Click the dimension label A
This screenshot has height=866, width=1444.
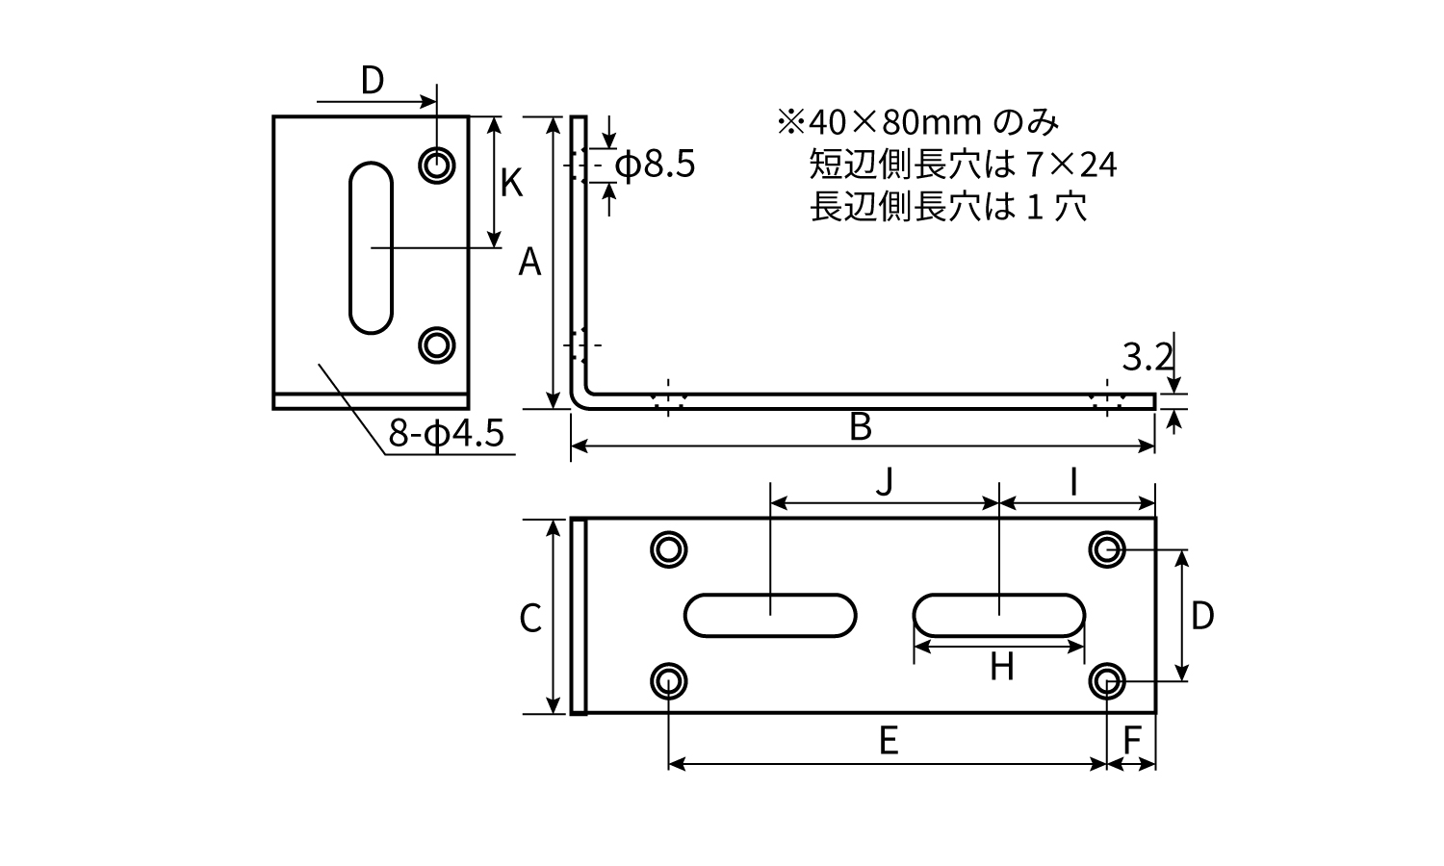pos(530,262)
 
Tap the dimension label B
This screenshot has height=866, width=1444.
pos(861,427)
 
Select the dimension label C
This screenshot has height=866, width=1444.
pos(530,619)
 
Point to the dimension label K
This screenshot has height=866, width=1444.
pos(511,183)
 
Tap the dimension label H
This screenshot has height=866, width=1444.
pos(1002,666)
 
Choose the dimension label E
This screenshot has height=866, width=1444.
pos(889,741)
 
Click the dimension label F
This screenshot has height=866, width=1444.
pos(1133,741)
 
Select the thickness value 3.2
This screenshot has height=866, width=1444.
pos(1147,359)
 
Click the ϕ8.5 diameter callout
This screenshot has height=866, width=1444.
pos(655,166)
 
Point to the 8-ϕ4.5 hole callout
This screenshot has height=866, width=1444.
pos(447,434)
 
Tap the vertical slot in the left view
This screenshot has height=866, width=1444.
pos(371,248)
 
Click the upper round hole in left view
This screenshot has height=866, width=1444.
pos(438,166)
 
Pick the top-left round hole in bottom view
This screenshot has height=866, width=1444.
pos(668,549)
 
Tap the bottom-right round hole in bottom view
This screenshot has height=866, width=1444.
pos(1108,682)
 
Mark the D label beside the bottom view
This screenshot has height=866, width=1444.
pos(1202,616)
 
